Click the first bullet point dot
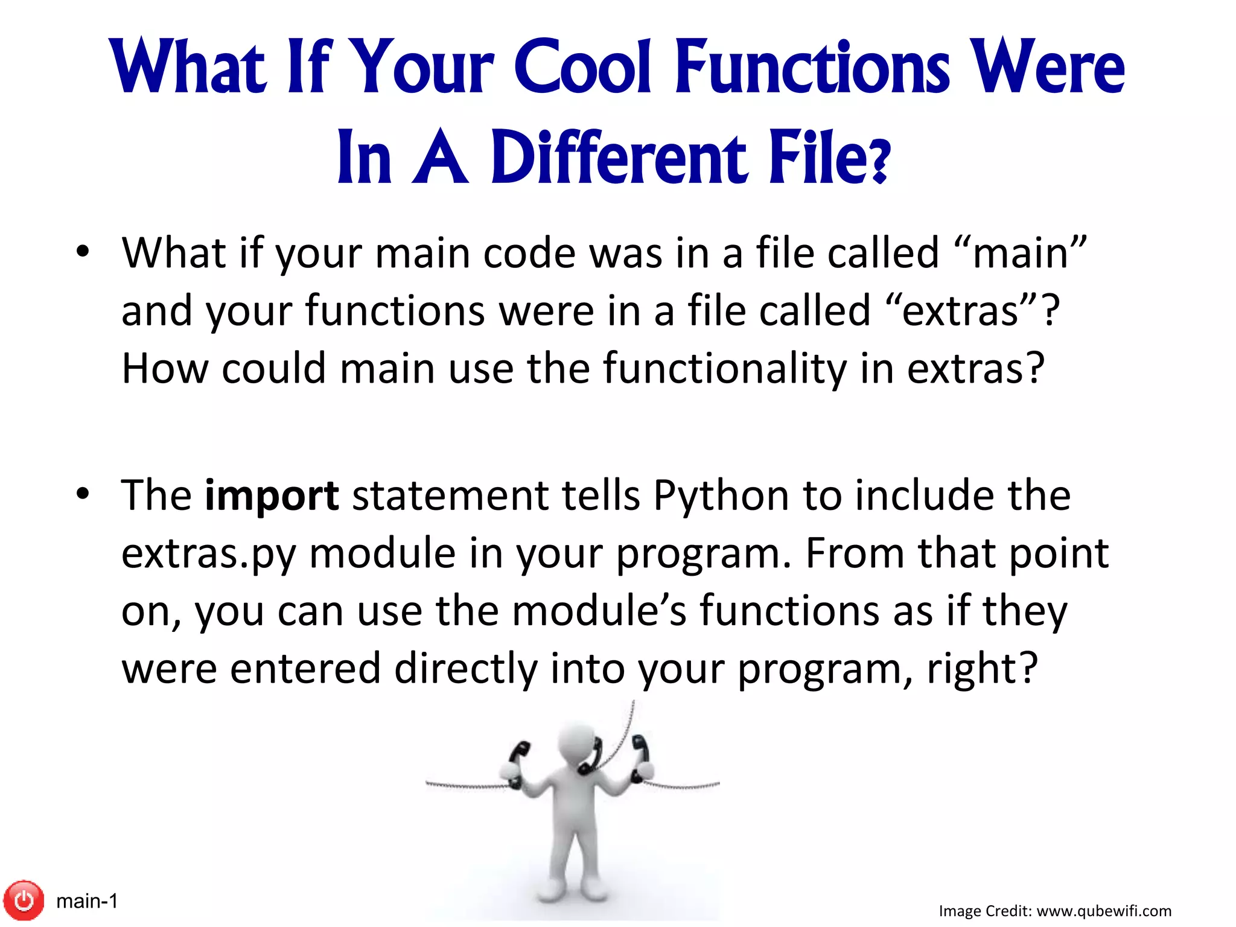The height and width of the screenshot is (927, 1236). click(83, 251)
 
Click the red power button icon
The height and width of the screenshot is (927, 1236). click(24, 900)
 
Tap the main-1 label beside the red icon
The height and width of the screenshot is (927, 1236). click(87, 901)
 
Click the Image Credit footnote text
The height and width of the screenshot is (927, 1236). click(1055, 911)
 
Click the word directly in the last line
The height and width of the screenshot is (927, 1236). click(465, 669)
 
